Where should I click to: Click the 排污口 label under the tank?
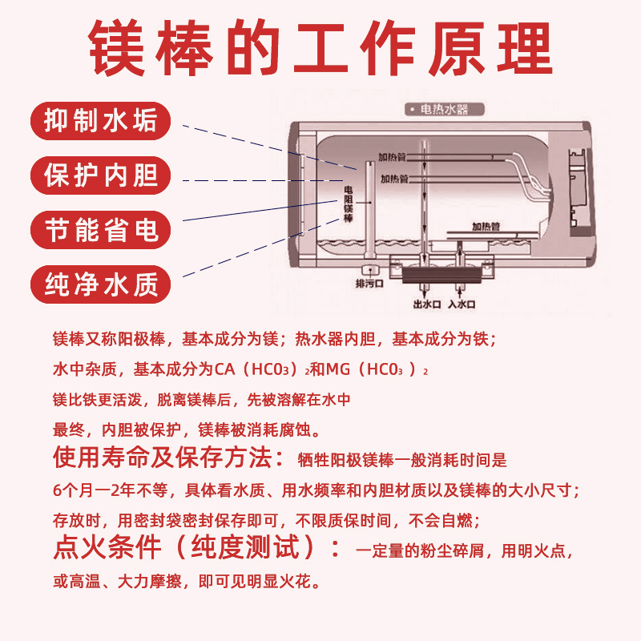click(370, 284)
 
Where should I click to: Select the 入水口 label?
click(463, 304)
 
